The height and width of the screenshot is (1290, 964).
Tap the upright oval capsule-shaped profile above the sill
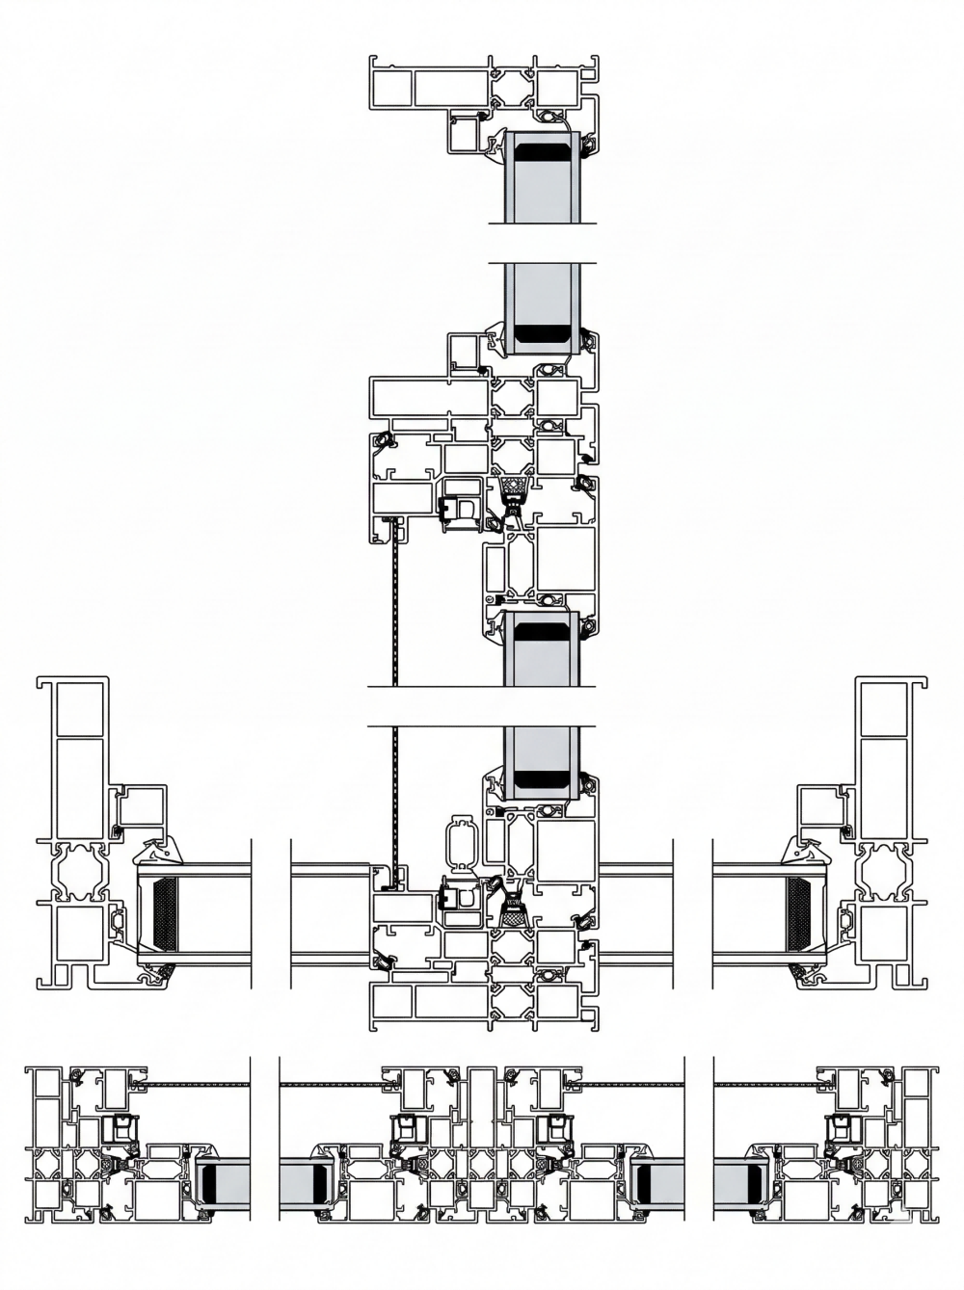point(462,845)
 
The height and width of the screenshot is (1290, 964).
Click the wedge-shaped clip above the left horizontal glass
point(162,851)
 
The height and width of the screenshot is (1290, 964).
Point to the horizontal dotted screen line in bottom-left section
point(198,1086)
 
